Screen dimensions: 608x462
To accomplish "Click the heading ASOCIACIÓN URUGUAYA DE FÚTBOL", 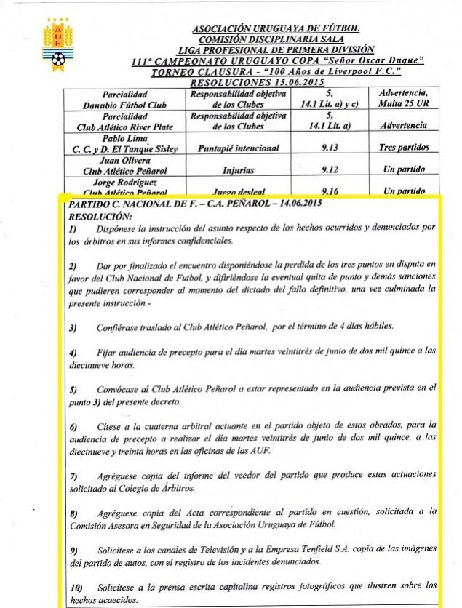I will (x=276, y=28).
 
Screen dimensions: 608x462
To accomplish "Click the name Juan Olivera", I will (x=127, y=164).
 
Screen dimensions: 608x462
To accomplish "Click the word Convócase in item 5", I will (x=122, y=389).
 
